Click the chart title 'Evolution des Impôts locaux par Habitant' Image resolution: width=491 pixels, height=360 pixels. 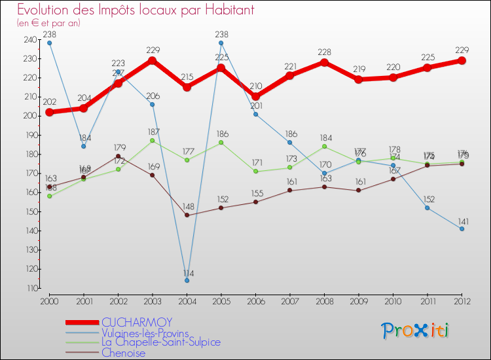tap(136, 10)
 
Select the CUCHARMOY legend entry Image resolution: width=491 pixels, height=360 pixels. tap(137, 322)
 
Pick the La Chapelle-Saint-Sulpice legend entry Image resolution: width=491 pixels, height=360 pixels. tap(161, 342)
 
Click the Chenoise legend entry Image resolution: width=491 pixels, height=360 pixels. tap(123, 353)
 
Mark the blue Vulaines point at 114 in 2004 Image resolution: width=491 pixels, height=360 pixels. tap(187, 280)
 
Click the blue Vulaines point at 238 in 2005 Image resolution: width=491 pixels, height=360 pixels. tap(221, 43)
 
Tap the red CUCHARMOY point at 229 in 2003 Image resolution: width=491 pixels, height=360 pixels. tap(153, 60)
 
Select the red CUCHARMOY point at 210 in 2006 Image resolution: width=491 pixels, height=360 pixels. tap(255, 96)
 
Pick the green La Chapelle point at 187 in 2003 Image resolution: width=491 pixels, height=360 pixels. tap(153, 141)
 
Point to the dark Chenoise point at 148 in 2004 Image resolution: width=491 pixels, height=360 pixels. tap(187, 215)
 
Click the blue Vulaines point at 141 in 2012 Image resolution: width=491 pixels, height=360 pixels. tap(462, 228)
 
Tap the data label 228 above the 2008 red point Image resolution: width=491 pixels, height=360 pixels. tap(324, 52)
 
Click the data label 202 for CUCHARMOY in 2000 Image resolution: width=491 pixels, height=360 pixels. tap(50, 102)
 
